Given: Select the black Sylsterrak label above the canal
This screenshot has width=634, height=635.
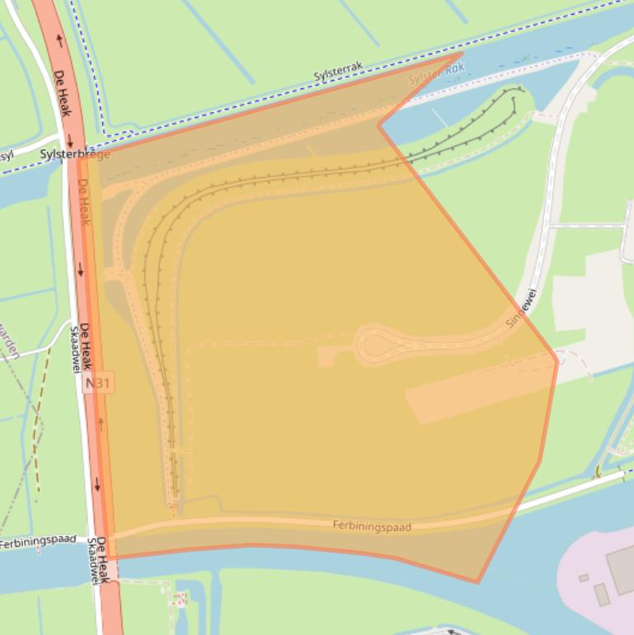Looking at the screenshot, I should [x=338, y=73].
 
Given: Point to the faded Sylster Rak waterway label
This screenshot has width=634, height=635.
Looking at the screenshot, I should [x=437, y=76].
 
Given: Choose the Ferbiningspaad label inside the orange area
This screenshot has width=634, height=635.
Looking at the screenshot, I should [x=372, y=525].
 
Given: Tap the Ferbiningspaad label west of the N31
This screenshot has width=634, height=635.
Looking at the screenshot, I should [x=37, y=542].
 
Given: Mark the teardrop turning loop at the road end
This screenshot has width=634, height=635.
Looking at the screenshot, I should [x=375, y=345].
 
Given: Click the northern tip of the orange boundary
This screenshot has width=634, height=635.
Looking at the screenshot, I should [x=462, y=54].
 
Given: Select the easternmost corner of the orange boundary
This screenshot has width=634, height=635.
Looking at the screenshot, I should [x=557, y=359].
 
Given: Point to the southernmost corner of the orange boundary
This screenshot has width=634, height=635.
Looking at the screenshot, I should [x=477, y=582].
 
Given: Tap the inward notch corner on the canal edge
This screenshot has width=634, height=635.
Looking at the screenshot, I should [x=379, y=125].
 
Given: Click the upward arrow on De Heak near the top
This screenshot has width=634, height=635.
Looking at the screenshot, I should [x=59, y=39].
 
